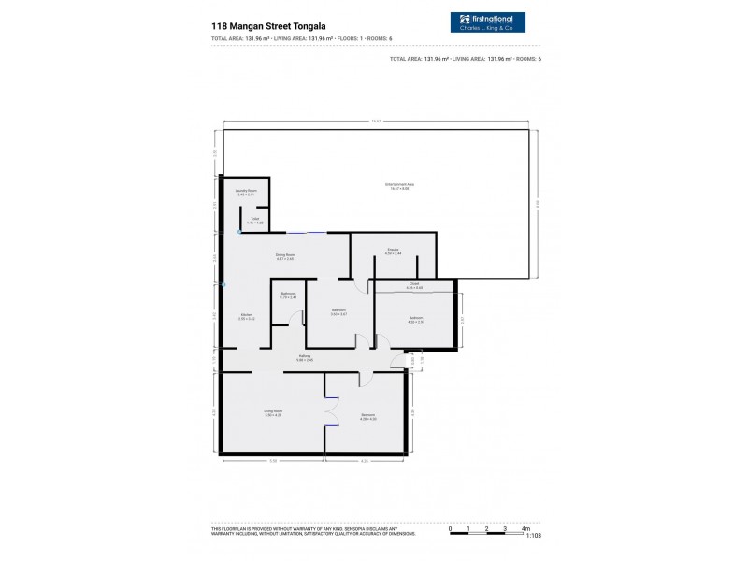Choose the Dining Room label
point(284,256)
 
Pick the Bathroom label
point(288,295)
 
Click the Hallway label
point(305,357)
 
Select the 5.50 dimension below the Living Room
point(273,460)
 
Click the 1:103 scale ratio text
point(534,536)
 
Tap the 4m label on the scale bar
point(525,528)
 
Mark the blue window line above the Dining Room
point(307,232)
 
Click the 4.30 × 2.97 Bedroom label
point(415,321)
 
